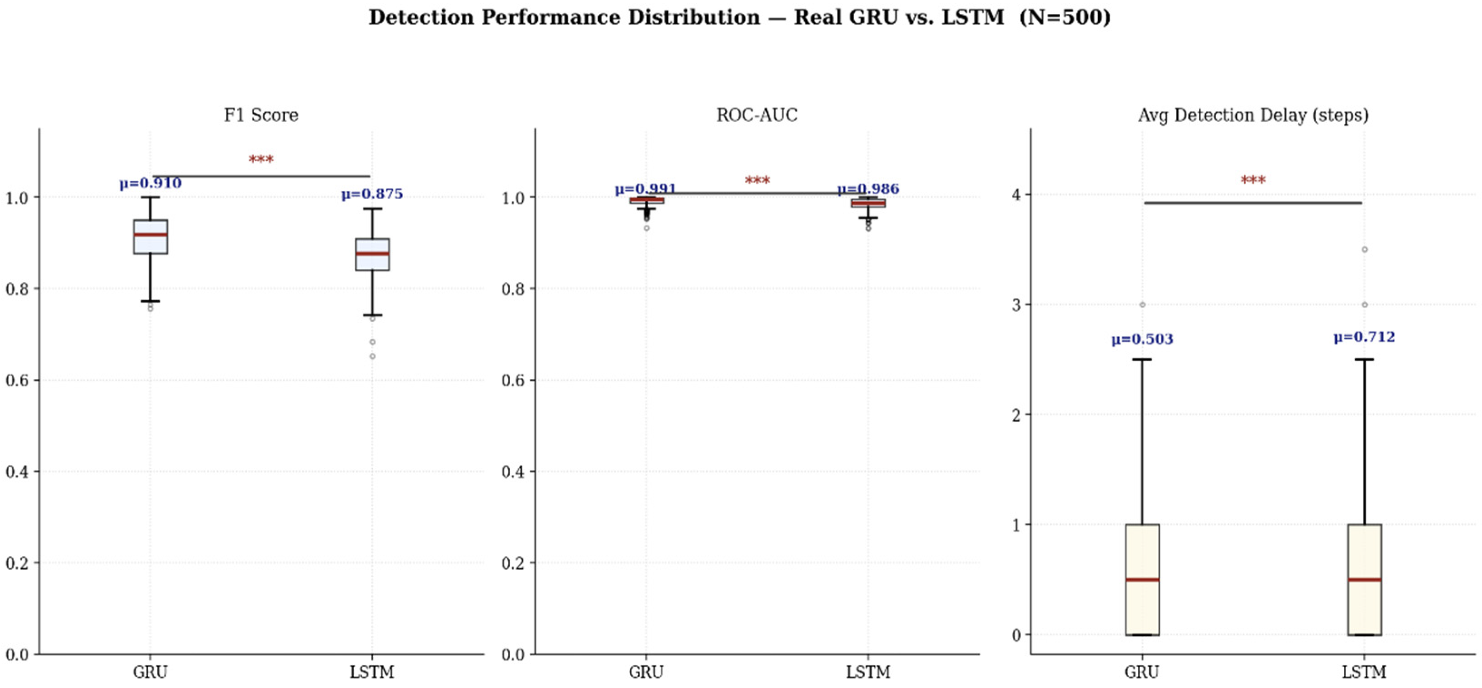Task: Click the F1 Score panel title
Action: [x=261, y=115]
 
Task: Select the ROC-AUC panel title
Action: [x=757, y=115]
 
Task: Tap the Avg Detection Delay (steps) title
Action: [x=1253, y=115]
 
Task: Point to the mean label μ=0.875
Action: [x=372, y=194]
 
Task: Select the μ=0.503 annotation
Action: [x=1142, y=339]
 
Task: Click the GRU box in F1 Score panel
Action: [x=150, y=236]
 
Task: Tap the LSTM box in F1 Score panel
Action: [x=372, y=254]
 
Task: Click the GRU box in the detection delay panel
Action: [x=1142, y=579]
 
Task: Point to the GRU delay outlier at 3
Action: [x=1142, y=304]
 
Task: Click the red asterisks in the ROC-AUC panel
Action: [x=757, y=181]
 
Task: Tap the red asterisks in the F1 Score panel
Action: [x=261, y=160]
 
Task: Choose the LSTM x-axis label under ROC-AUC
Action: [x=868, y=672]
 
